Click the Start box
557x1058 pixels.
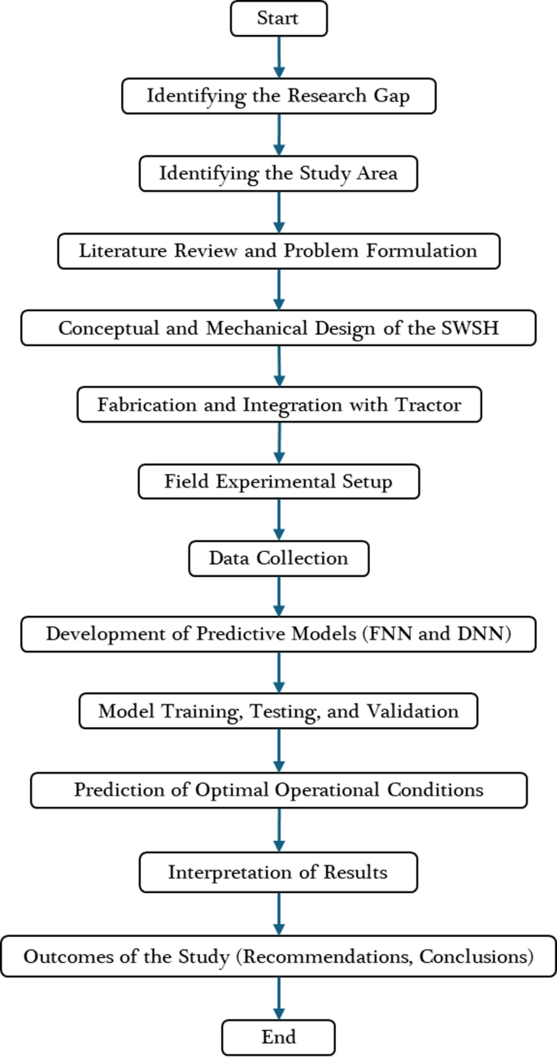[x=279, y=19]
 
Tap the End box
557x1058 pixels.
[x=279, y=1037]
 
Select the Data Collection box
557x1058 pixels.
[x=279, y=558]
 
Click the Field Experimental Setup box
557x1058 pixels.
[x=279, y=482]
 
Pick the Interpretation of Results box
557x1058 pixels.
[x=279, y=872]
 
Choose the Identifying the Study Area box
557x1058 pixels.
[x=279, y=173]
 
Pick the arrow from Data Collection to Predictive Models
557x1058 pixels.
[x=279, y=596]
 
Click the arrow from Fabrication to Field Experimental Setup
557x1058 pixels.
[x=279, y=443]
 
